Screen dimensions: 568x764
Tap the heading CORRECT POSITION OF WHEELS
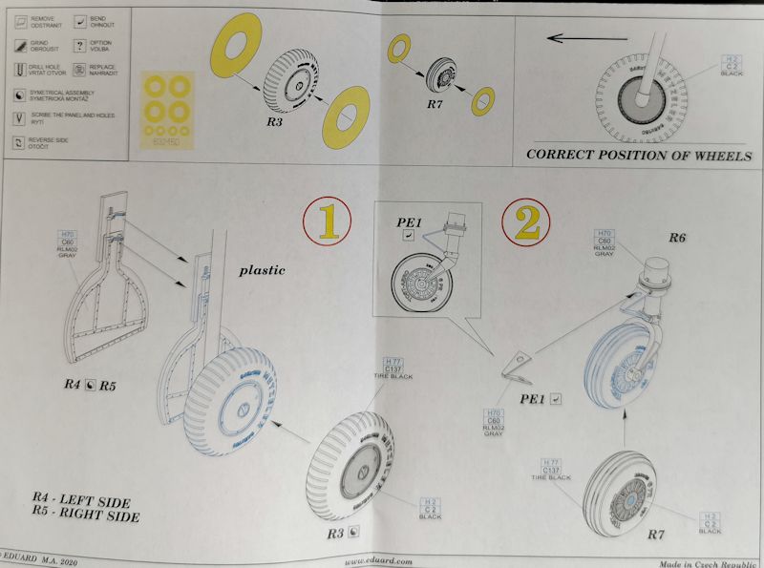click(x=639, y=156)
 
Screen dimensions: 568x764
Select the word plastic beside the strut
click(x=261, y=270)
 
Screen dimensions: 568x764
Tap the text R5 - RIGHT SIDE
click(x=85, y=517)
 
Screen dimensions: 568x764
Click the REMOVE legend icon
click(x=22, y=22)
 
